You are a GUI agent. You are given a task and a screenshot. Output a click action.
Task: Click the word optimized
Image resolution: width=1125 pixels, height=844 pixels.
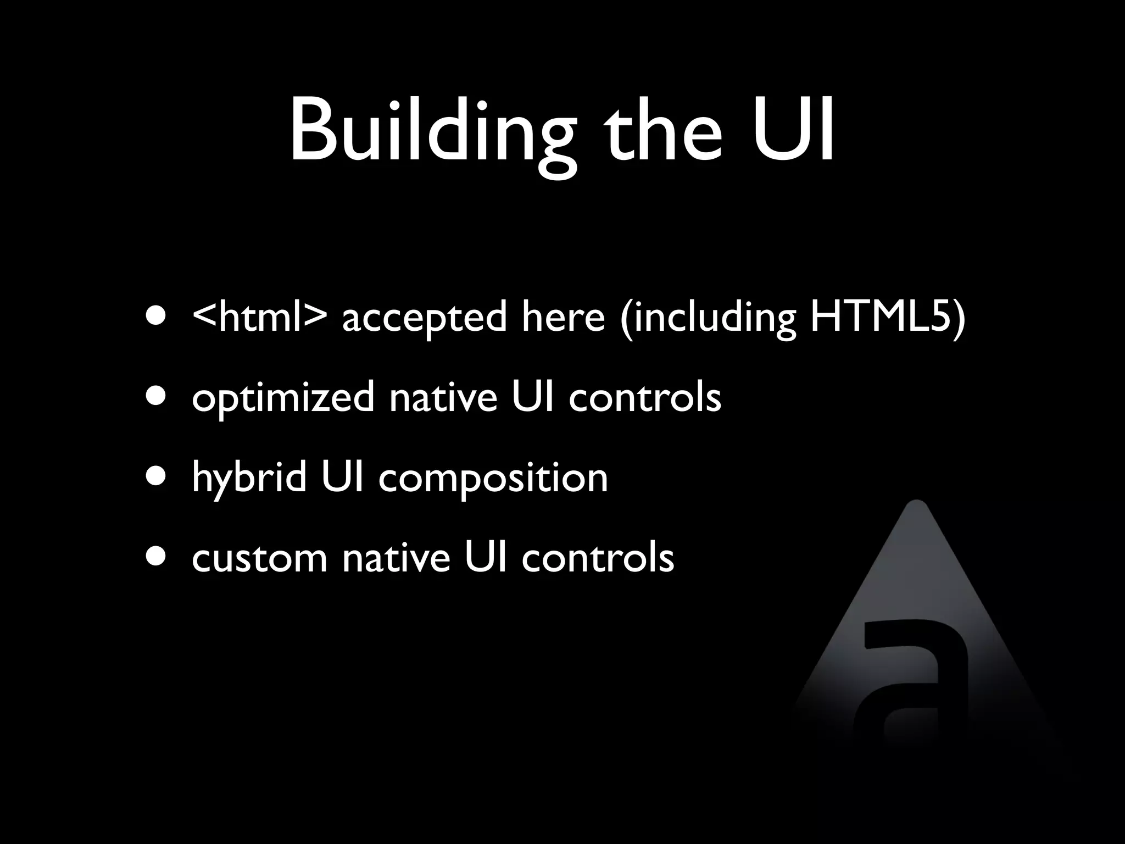283,398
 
